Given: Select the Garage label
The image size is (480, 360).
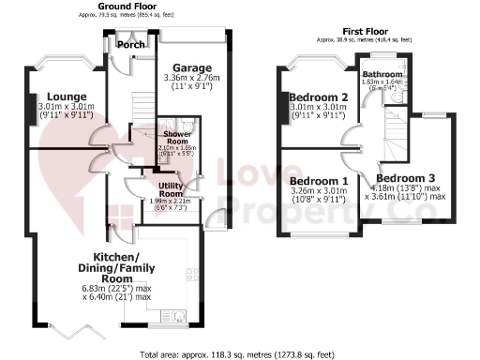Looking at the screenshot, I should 192,67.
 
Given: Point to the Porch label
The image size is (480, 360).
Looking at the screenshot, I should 125,45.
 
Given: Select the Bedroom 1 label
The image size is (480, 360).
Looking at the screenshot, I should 319,181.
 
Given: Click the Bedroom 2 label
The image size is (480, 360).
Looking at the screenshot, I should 319,97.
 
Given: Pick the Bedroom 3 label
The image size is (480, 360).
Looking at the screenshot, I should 406,177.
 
